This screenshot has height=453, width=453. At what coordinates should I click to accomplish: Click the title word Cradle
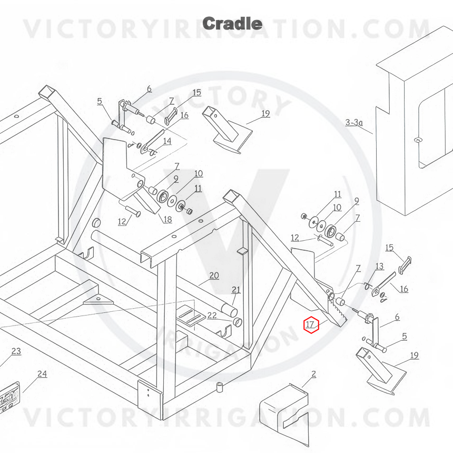232,23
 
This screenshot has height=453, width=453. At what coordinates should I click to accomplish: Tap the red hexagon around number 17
311,324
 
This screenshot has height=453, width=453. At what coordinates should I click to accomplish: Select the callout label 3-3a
354,123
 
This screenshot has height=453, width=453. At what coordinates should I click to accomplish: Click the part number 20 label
214,275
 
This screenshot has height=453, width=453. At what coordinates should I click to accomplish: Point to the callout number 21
236,290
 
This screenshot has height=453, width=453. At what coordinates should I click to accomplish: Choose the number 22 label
212,315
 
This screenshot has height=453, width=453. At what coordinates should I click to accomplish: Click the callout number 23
16,351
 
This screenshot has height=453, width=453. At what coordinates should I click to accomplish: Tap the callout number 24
42,374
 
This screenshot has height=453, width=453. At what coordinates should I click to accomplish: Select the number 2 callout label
314,374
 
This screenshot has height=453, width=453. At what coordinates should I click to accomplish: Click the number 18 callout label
168,220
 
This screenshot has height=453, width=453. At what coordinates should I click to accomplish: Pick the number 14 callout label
168,141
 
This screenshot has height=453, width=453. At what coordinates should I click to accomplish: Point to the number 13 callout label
379,266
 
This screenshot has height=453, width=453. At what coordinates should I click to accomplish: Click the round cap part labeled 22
237,322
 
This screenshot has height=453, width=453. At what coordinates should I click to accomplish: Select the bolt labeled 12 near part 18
133,211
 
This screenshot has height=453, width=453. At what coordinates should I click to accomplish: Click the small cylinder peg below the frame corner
220,387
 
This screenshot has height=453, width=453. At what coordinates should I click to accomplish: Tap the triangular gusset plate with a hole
98,300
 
